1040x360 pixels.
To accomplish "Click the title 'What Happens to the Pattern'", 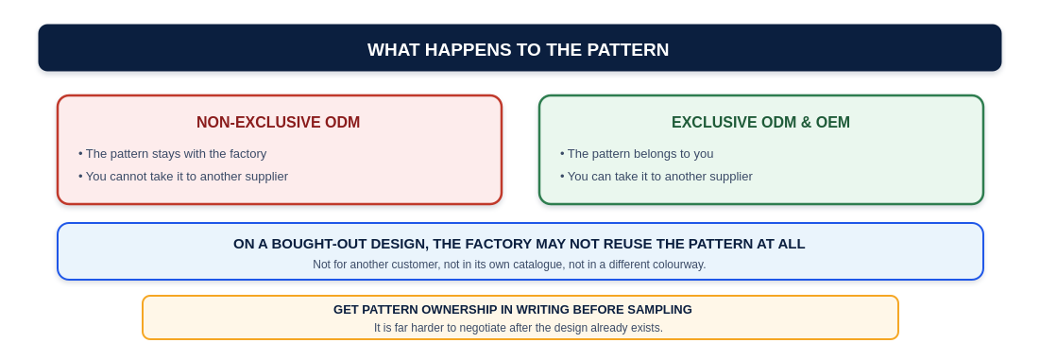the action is point(518,50).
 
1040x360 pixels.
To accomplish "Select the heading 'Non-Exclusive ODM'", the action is point(278,123).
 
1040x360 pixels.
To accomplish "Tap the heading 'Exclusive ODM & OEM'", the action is point(760,123).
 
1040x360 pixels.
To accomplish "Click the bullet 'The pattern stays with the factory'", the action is point(173,154).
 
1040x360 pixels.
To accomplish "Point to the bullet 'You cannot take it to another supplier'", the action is point(183,177).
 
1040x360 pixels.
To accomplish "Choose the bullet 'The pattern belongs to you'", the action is point(637,154).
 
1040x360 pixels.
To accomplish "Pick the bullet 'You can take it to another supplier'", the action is point(656,177).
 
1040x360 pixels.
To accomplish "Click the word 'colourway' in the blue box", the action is point(678,265).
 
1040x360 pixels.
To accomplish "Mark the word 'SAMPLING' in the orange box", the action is point(661,310).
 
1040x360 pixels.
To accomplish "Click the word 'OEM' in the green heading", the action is point(833,123).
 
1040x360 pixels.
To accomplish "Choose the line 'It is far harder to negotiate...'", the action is point(519,328).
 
